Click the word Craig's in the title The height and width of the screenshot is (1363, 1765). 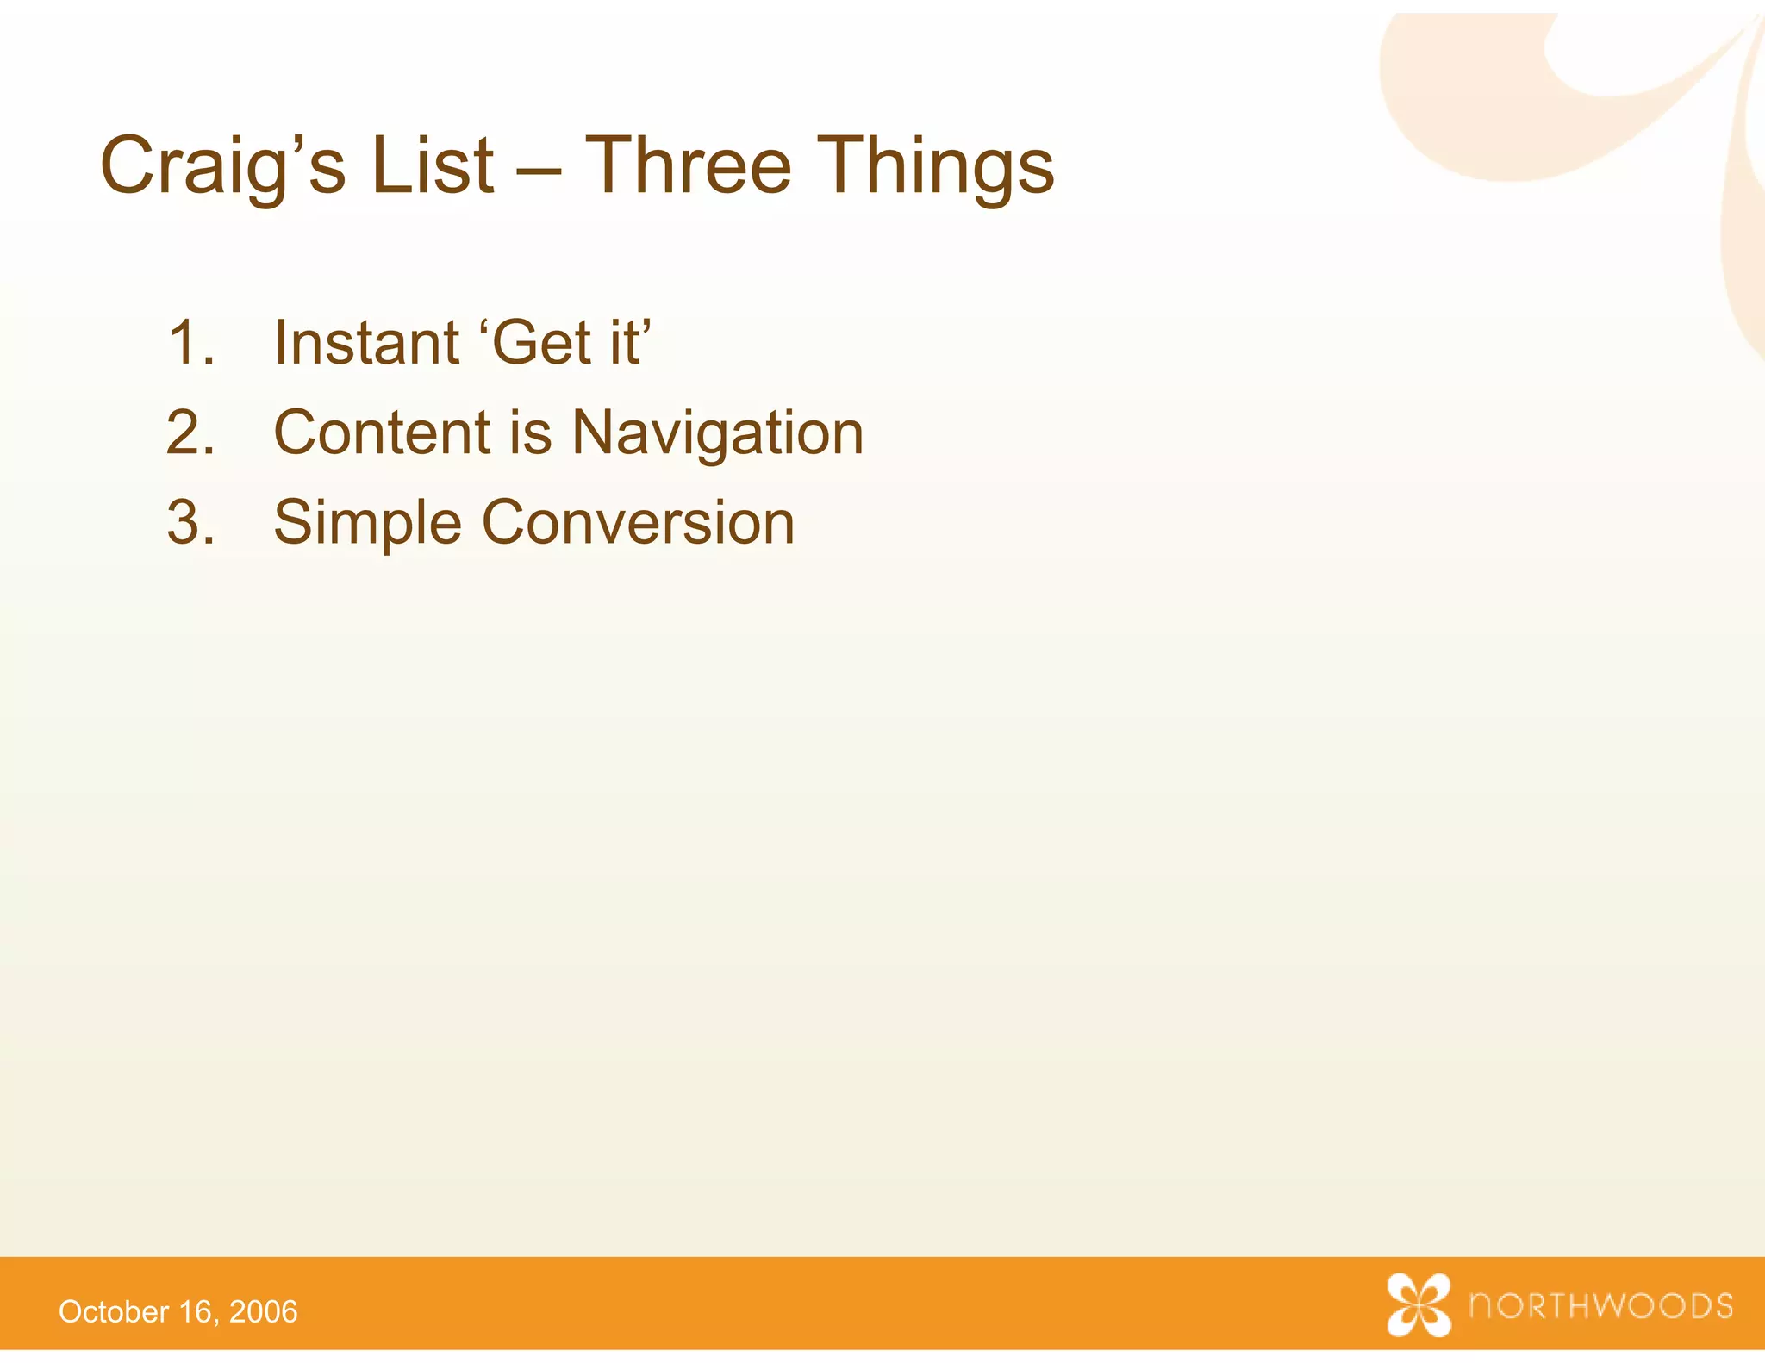coord(222,165)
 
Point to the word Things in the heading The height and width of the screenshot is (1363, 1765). coord(934,165)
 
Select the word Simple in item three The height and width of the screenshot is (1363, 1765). coord(367,524)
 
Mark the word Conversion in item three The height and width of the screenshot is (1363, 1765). coord(638,522)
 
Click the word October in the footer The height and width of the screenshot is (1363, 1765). coord(114,1312)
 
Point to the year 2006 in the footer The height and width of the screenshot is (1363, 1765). coord(264,1312)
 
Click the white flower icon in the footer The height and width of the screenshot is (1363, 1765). coord(1418,1304)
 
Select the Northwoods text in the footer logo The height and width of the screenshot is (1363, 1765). coord(1600,1306)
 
